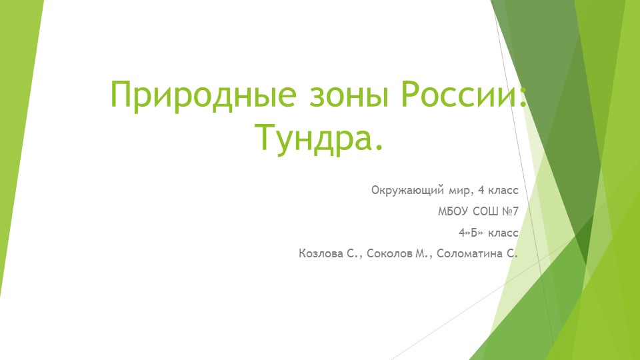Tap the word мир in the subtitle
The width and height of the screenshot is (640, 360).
point(459,191)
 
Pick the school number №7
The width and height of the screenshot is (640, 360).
point(510,212)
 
